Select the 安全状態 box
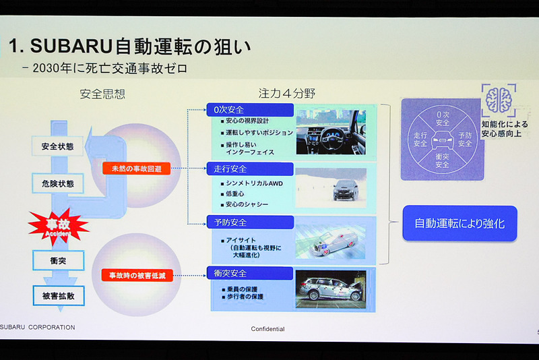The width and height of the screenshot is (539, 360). coord(58,146)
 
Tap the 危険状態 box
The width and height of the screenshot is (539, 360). coord(58,183)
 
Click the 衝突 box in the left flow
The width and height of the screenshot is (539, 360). coord(58,260)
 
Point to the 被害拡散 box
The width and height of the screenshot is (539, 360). coord(58,295)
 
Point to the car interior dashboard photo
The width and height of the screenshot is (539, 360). coord(331,133)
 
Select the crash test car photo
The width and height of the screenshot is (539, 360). coord(331,289)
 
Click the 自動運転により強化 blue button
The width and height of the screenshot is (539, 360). coord(459,224)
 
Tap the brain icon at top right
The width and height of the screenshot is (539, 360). coord(499,100)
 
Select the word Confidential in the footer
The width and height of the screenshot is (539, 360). coord(267,329)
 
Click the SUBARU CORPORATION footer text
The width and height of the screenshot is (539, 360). coord(38,328)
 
